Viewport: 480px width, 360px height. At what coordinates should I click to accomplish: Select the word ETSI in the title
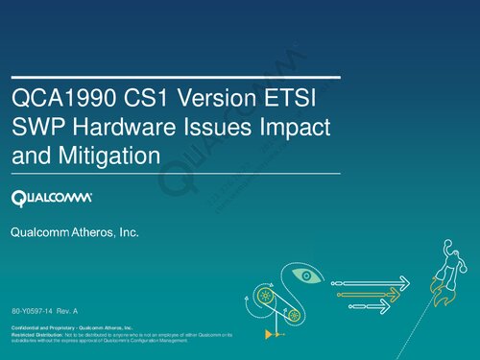299,99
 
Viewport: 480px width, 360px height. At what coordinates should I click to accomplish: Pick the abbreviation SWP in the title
36,127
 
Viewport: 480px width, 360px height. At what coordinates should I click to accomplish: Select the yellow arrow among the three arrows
366,293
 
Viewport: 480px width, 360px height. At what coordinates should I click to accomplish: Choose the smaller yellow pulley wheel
295,314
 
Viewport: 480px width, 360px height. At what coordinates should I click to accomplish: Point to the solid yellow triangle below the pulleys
268,336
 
